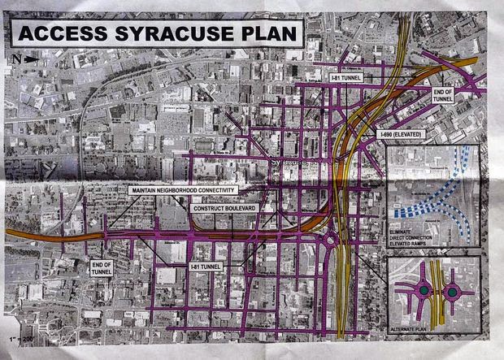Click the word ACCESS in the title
point(62,34)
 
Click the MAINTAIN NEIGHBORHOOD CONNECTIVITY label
point(184,189)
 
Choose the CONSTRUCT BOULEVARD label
point(224,208)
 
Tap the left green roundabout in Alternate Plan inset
point(424,290)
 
